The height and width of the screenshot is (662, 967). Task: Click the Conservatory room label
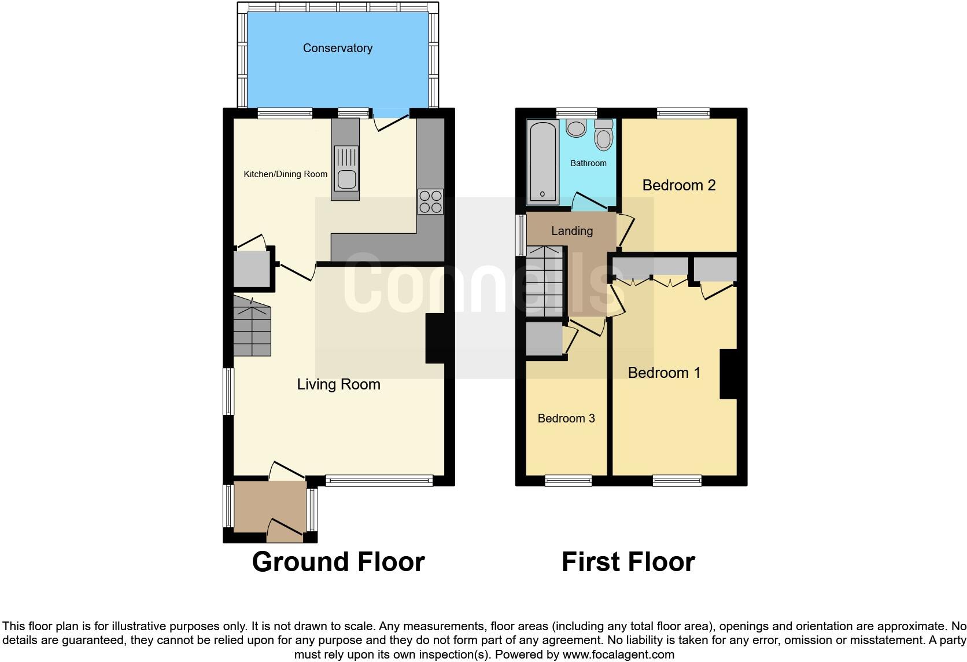point(337,48)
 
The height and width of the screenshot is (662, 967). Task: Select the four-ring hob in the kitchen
point(430,201)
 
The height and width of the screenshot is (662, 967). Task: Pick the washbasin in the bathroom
point(576,128)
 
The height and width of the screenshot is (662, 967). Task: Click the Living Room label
point(338,384)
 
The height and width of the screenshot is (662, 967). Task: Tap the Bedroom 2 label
point(678,185)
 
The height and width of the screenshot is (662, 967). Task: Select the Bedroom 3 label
point(566,418)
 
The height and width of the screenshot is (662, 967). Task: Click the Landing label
point(571,231)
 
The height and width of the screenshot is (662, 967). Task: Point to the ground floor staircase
point(252,327)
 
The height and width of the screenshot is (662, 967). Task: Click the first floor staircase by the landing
point(544,282)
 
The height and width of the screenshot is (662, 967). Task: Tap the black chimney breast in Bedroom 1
point(728,374)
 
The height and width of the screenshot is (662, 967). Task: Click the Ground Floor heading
point(338,562)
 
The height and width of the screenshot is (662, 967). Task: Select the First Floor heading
point(628,562)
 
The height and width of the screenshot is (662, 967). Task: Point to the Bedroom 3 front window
point(569,480)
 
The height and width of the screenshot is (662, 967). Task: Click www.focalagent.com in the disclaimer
point(618,655)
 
